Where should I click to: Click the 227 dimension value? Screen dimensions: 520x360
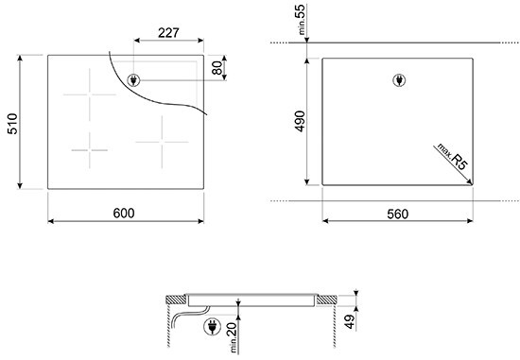168,33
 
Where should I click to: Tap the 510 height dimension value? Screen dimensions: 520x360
12,124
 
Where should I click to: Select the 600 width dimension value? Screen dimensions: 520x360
124,214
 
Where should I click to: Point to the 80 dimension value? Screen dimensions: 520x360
217,68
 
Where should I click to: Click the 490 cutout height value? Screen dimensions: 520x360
300,121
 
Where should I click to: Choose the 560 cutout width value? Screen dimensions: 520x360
398,214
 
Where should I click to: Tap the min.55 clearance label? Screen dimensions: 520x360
301,20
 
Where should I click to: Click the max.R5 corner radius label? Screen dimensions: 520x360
452,157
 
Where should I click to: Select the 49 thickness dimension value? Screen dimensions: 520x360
349,321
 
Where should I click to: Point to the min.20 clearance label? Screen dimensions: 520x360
233,337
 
